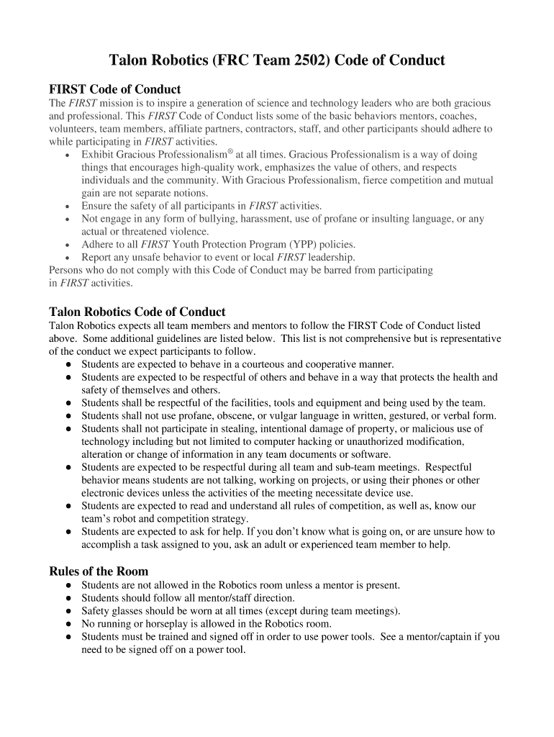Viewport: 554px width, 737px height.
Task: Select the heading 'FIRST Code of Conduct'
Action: pyautogui.click(x=114, y=89)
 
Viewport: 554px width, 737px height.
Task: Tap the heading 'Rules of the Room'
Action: pyautogui.click(x=99, y=571)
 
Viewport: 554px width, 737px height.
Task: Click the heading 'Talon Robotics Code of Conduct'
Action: pyautogui.click(x=137, y=312)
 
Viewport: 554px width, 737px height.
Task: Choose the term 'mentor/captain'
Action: pyautogui.click(x=446, y=636)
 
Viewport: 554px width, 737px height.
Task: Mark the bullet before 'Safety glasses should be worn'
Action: pyautogui.click(x=68, y=611)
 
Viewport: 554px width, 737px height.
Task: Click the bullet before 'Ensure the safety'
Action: pyautogui.click(x=68, y=206)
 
